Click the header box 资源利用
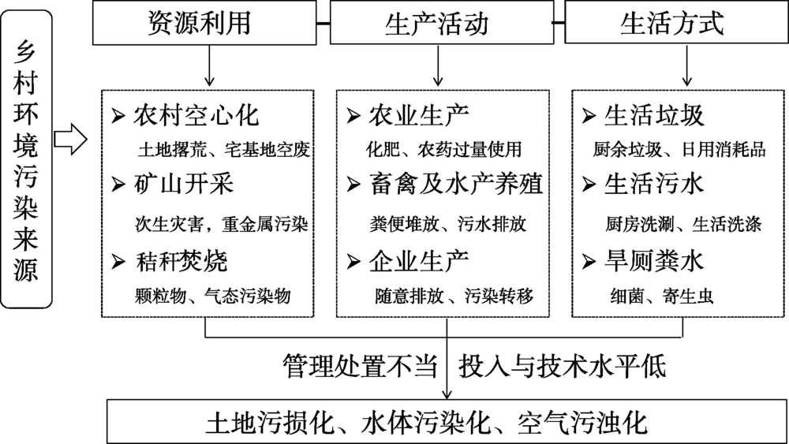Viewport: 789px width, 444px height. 204,23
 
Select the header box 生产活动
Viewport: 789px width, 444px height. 441,23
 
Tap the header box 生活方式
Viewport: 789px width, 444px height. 677,23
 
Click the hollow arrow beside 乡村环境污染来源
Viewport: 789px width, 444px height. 70,139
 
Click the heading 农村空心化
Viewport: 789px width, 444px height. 196,116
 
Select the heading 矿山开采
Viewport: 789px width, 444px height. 184,184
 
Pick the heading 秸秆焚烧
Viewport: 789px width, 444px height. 181,262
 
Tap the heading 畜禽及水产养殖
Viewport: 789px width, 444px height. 456,184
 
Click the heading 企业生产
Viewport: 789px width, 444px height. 419,262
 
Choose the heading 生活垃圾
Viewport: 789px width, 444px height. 654,116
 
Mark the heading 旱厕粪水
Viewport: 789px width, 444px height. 654,262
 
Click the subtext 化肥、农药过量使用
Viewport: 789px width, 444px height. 443,149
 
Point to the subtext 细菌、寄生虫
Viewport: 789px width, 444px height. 662,296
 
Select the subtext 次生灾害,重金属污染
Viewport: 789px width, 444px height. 222,224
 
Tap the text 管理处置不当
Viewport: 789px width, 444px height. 360,366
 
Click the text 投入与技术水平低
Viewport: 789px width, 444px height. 562,366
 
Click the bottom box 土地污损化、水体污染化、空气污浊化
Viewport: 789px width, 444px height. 447,421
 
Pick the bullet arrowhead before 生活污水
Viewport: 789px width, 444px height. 589,185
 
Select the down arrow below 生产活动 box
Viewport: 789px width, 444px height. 438,65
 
